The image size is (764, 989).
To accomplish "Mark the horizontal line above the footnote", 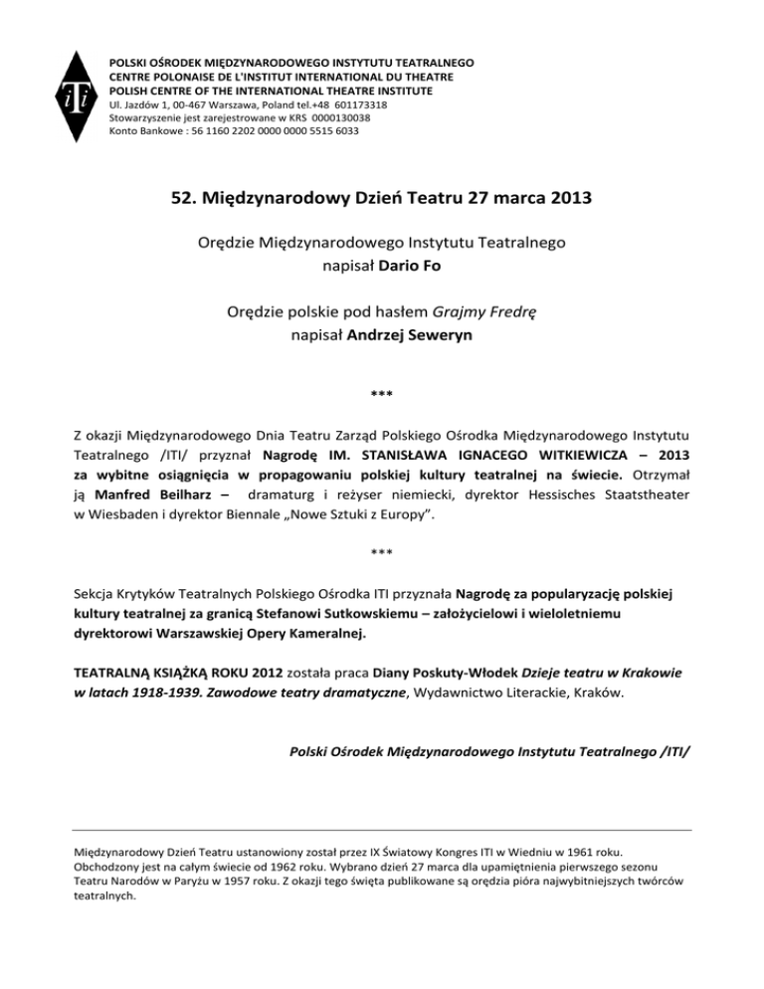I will click(382, 829).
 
